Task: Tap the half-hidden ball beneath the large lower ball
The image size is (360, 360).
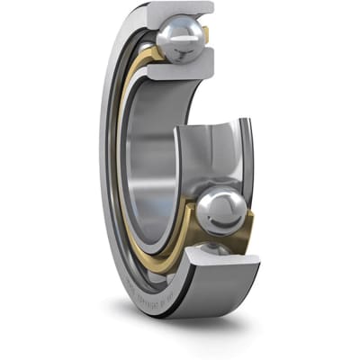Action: click(x=213, y=247)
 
